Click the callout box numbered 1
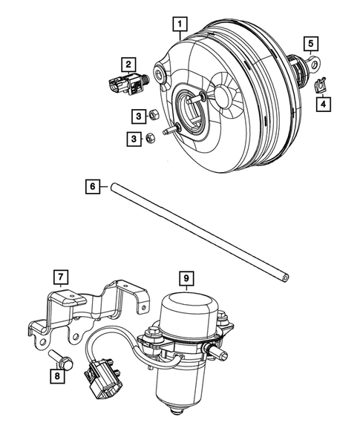[178, 24]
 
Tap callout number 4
[323, 105]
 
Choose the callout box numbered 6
[91, 188]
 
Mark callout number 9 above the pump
[187, 279]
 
